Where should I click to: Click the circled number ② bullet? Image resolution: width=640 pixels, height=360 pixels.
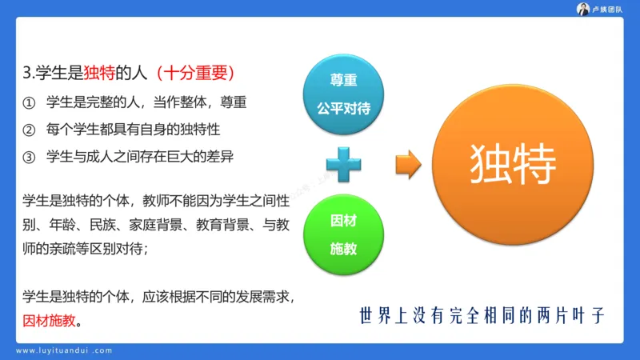pos(30,129)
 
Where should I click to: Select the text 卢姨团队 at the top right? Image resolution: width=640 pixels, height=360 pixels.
pos(610,9)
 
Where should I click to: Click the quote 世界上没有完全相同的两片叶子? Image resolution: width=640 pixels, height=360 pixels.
pos(482,315)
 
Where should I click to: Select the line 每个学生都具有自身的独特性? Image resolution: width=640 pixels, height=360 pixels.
pos(133,129)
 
